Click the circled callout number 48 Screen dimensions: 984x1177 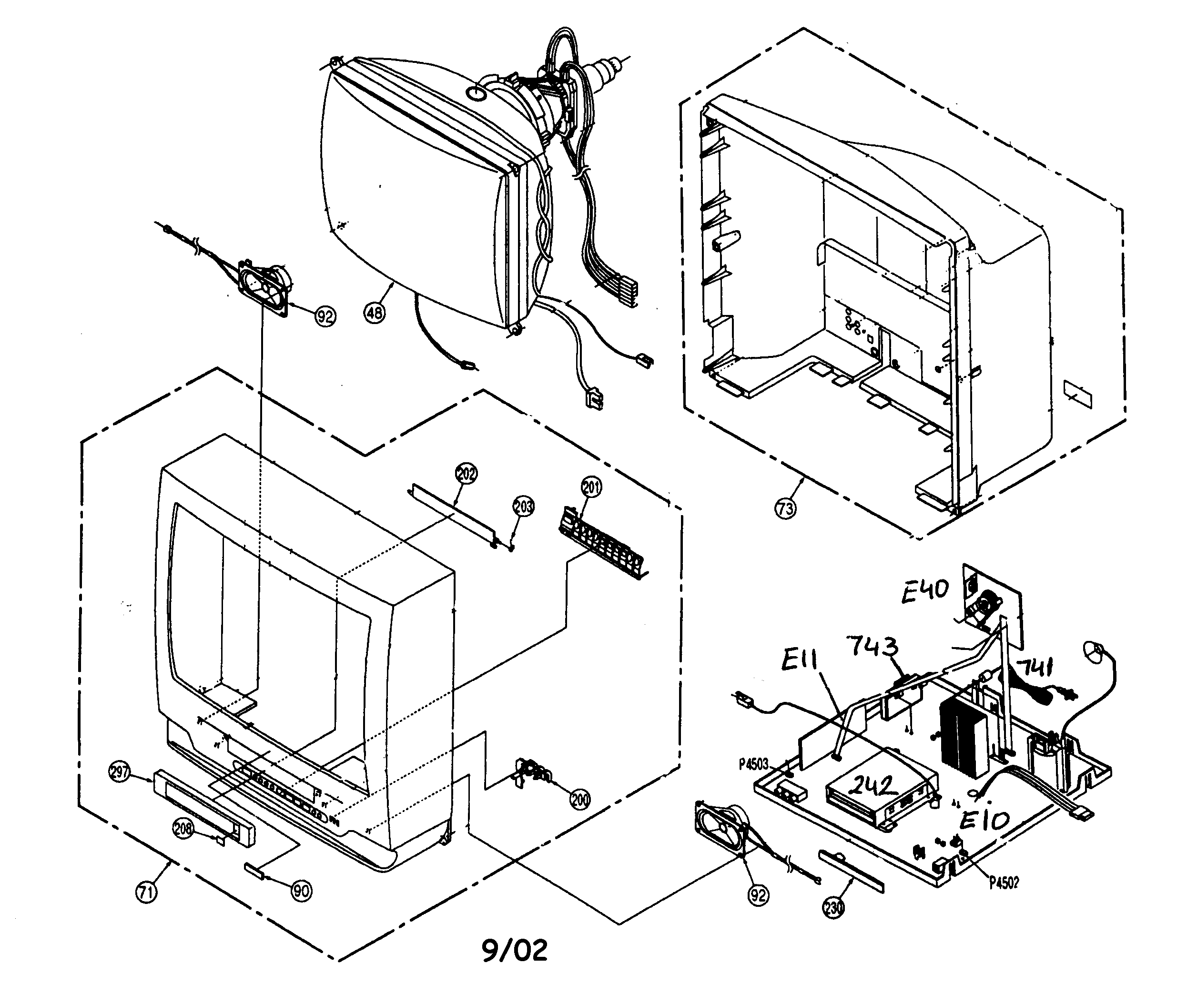coord(375,312)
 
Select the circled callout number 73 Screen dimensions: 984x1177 coord(785,508)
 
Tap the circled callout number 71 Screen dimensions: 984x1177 coord(146,892)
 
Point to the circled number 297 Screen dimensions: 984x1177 coord(120,773)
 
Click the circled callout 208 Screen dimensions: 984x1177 coord(184,828)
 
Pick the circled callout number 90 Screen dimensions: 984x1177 coord(302,891)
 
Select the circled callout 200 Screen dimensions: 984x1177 coord(580,800)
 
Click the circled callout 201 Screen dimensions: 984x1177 coord(592,487)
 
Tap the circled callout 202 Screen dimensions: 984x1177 coord(467,474)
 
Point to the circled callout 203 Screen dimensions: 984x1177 coord(524,507)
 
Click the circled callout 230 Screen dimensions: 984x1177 coord(833,908)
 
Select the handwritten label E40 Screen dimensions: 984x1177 coord(925,591)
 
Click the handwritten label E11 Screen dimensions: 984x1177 coord(800,661)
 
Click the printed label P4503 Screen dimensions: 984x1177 coord(754,764)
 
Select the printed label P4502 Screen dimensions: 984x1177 coord(1004,883)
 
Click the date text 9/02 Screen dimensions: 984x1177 coord(515,950)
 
